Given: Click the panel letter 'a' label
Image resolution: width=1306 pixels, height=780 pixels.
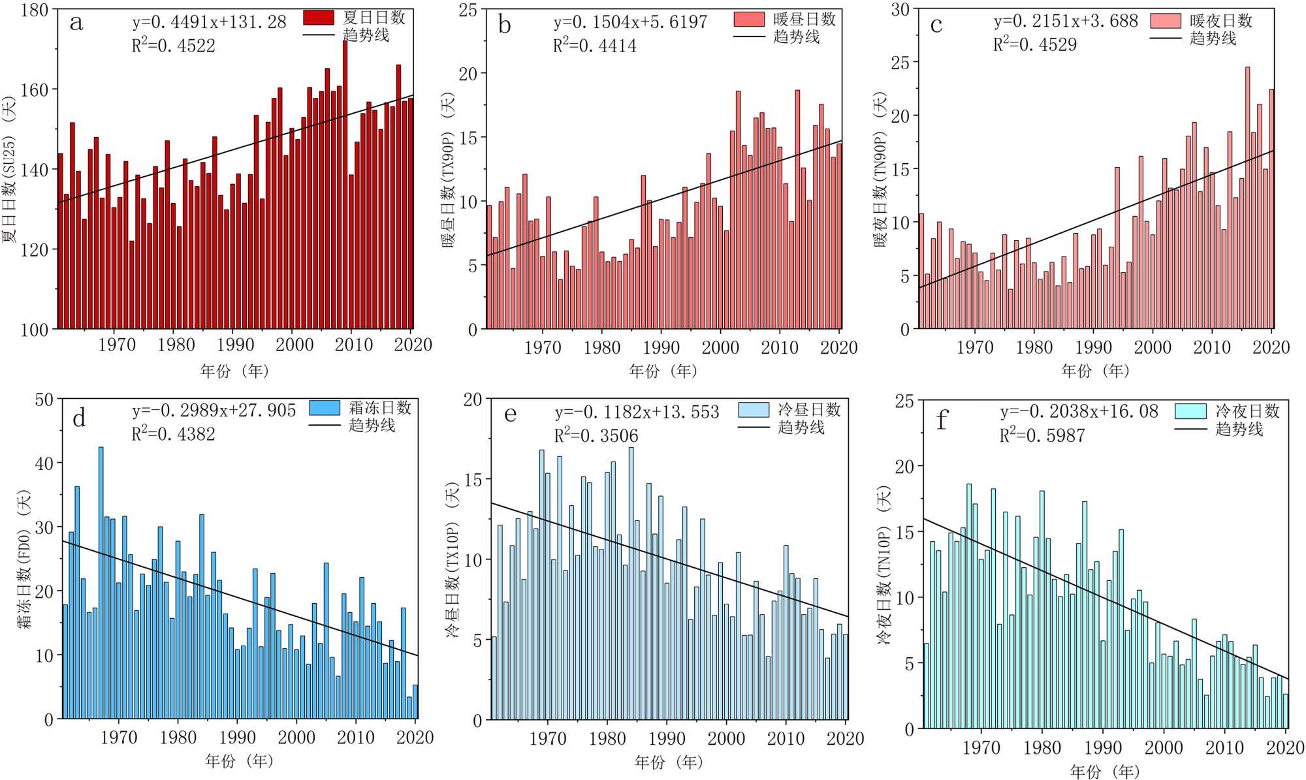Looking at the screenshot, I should [76, 23].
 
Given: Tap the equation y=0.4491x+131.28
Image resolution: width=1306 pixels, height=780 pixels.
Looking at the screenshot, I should [209, 22].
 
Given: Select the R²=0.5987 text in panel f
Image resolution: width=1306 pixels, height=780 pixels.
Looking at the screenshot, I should [1042, 435].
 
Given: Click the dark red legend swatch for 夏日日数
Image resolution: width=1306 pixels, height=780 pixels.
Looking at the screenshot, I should [319, 18].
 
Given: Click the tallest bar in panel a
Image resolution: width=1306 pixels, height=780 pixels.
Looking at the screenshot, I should [345, 183].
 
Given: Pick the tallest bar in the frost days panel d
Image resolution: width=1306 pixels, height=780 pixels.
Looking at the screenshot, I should [101, 581].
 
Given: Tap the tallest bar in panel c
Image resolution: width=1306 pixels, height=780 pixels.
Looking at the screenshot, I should [1247, 196].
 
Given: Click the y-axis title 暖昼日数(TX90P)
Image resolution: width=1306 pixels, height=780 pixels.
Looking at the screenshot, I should [448, 170].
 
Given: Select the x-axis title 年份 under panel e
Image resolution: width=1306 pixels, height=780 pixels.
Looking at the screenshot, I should [668, 762].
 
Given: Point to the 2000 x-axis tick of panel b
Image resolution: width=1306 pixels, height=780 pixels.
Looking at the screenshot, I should [720, 347].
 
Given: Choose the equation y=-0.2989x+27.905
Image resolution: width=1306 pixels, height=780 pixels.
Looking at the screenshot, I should [214, 410].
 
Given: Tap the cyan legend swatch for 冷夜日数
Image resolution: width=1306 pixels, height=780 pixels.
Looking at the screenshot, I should [1190, 411].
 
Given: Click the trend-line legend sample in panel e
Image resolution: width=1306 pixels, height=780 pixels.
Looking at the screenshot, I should [754, 428].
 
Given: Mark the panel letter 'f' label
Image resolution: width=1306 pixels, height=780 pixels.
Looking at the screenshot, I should [941, 420].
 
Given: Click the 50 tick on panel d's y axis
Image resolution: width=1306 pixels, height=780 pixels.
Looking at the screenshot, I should [44, 399].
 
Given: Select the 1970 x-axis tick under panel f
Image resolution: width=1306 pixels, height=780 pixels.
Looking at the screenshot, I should [981, 747].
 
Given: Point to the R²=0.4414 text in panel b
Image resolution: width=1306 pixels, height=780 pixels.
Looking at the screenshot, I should [594, 45].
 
